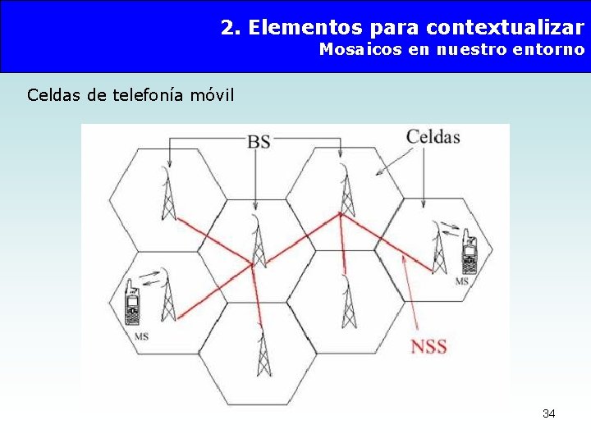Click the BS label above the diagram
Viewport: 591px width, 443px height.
pos(259,141)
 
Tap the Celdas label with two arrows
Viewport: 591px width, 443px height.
pos(433,136)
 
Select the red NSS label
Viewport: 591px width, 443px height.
pos(428,345)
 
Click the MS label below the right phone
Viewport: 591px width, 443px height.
pos(461,281)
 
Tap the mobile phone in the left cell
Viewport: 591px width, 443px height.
pos(131,303)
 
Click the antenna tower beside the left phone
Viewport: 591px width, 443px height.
pos(168,295)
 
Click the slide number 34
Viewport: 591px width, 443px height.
pos(548,413)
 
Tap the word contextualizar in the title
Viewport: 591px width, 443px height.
pos(506,28)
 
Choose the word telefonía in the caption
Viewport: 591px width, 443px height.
pos(147,95)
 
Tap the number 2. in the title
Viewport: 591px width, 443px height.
pos(231,28)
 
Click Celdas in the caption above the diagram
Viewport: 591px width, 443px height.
pos(54,95)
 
